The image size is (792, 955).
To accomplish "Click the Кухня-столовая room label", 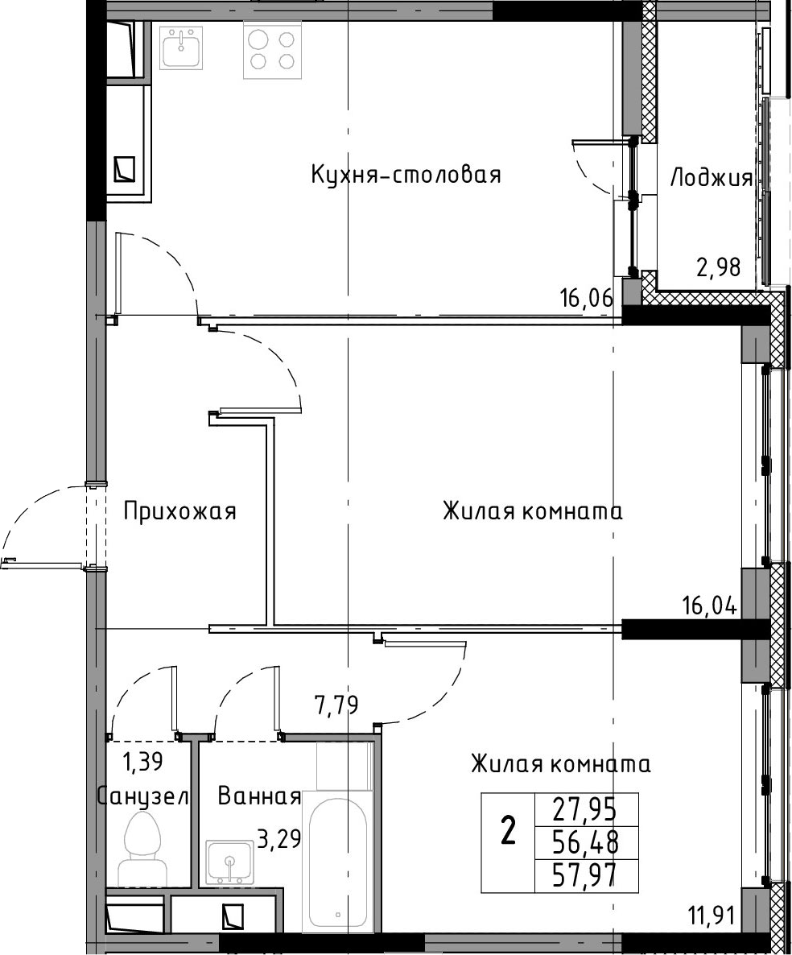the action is [406, 175].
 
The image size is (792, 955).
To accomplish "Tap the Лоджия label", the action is [711, 179].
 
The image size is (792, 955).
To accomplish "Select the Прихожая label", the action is [179, 511].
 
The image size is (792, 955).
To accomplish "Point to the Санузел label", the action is [143, 796].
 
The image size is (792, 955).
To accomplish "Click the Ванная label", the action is [259, 796].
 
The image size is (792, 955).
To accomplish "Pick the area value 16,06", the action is [586, 299].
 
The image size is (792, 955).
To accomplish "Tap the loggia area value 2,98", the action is [719, 267].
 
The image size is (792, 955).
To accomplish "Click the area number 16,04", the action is [710, 606].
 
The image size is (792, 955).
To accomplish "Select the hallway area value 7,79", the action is [336, 705].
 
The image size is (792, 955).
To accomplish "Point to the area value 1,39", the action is [143, 761].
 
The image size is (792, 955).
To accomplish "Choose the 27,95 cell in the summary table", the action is [585, 809].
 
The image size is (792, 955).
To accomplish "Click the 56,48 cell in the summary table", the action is [585, 843].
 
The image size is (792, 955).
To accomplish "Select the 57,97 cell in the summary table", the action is [585, 876].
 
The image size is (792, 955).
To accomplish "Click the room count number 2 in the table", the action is [508, 831].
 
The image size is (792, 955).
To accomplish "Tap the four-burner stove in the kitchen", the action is [274, 50].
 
